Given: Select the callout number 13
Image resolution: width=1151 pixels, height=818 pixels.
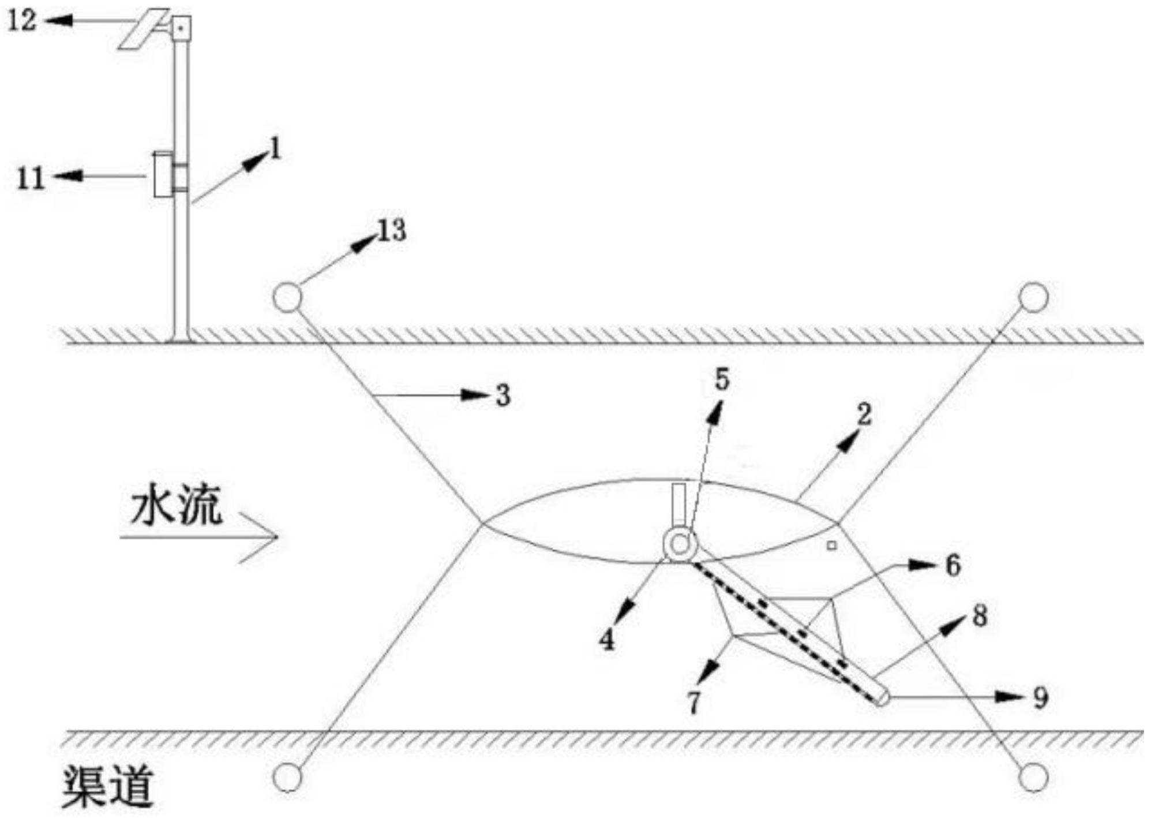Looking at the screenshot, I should pyautogui.click(x=392, y=231).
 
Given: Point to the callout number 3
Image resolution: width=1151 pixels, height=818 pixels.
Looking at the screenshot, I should pyautogui.click(x=503, y=396).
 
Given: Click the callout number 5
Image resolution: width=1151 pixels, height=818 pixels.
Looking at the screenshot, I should pyautogui.click(x=722, y=379).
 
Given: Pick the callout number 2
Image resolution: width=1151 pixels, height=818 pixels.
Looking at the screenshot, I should pyautogui.click(x=864, y=414).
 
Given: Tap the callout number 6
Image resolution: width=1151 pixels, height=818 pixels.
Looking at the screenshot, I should pyautogui.click(x=953, y=565).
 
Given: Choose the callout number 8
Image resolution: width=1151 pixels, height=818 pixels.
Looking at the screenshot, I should pyautogui.click(x=980, y=616).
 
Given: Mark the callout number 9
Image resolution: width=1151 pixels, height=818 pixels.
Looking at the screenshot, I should pyautogui.click(x=1040, y=698).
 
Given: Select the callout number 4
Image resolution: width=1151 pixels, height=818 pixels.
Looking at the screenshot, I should pyautogui.click(x=607, y=640).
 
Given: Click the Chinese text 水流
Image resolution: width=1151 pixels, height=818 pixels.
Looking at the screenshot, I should pyautogui.click(x=176, y=508).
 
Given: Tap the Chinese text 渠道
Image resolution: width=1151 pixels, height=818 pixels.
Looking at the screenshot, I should pyautogui.click(x=108, y=787).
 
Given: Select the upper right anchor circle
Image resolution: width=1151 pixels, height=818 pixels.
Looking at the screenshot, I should pyautogui.click(x=1033, y=297).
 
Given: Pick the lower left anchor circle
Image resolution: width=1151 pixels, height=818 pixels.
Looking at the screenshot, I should pyautogui.click(x=287, y=777).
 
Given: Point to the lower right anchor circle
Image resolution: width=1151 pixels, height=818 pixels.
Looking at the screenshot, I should pyautogui.click(x=1033, y=777).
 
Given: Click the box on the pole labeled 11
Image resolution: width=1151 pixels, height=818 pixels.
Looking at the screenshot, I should pyautogui.click(x=163, y=174).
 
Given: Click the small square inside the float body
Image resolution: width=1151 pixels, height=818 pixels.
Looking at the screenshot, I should pyautogui.click(x=831, y=544).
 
